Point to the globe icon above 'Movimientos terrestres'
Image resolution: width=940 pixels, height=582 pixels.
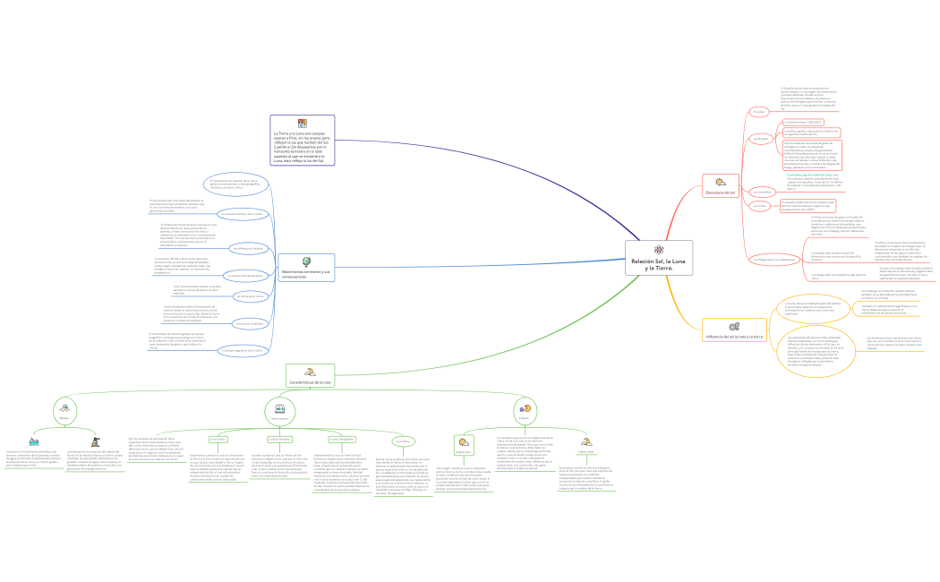click(306, 261)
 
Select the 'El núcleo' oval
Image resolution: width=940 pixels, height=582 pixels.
click(758, 113)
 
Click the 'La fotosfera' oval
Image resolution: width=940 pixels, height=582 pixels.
click(761, 139)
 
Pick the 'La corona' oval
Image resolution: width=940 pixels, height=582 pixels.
click(759, 206)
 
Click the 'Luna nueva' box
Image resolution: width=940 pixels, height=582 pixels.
click(218, 439)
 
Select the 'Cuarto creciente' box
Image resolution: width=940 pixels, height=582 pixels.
click(279, 439)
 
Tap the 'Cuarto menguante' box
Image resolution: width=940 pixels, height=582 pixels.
click(341, 439)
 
